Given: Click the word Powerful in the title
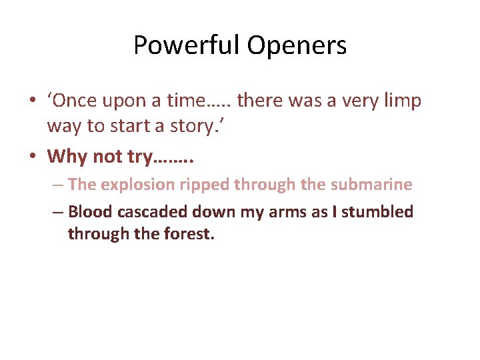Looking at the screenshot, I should point(187,46).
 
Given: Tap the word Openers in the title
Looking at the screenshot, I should point(297,46).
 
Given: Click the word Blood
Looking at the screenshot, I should point(91,212).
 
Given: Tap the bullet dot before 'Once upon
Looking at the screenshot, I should point(32,101).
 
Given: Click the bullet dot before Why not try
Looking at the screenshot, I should point(32,157).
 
